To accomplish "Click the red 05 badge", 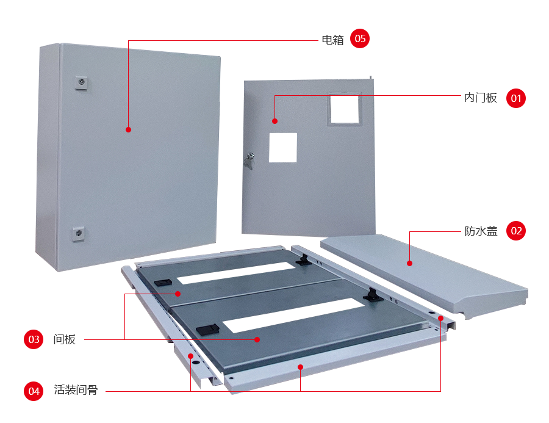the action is pyautogui.click(x=360, y=38).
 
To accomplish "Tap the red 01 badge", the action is pyautogui.click(x=516, y=98).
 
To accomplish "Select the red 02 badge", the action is pyautogui.click(x=516, y=231).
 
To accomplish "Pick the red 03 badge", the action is pyautogui.click(x=34, y=339).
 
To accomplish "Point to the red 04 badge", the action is pyautogui.click(x=34, y=391).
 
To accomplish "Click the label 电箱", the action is pyautogui.click(x=332, y=40).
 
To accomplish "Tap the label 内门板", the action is pyautogui.click(x=481, y=98).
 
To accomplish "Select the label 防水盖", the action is pyautogui.click(x=481, y=231).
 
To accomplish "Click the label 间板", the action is pyautogui.click(x=65, y=339).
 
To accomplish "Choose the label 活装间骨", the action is pyautogui.click(x=76, y=389).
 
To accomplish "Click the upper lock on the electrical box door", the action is pyautogui.click(x=81, y=82).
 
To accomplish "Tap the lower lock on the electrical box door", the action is pyautogui.click(x=79, y=234).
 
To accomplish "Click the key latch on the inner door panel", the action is pyautogui.click(x=249, y=160).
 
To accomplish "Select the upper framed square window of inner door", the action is pyautogui.click(x=345, y=109).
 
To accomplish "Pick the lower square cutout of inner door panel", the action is pyautogui.click(x=283, y=148).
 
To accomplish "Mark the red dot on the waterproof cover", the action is pyautogui.click(x=410, y=263).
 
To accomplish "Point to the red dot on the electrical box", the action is pyautogui.click(x=129, y=129).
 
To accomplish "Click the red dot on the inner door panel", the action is pyautogui.click(x=275, y=121).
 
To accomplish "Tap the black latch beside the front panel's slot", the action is pyautogui.click(x=207, y=330).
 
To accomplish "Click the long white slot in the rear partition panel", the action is pyautogui.click(x=236, y=273).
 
